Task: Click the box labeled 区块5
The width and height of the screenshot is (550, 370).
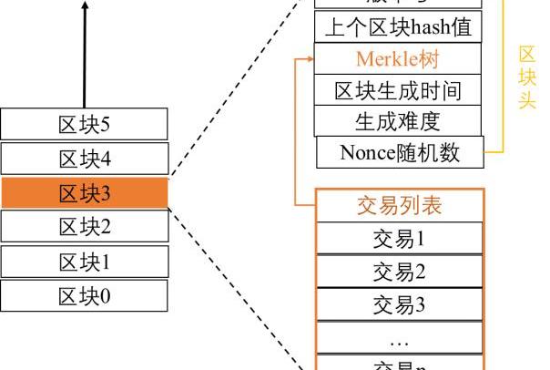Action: point(84,124)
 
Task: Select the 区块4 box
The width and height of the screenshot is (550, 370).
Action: point(84,159)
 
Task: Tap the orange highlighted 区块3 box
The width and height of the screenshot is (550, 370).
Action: point(84,193)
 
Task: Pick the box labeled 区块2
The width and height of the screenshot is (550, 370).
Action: point(84,227)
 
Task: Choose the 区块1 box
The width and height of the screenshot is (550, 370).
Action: point(84,262)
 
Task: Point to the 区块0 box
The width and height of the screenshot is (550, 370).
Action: point(84,295)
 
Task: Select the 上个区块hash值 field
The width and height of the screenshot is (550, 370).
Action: point(398,27)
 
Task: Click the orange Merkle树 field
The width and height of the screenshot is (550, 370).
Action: point(398,59)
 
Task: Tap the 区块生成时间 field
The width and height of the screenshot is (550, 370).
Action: point(398,90)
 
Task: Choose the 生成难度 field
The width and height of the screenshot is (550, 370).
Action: point(398,121)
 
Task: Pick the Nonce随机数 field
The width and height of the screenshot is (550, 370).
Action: point(400,152)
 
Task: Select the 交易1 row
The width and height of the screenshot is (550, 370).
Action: point(399,240)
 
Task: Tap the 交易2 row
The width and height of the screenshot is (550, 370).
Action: point(399,272)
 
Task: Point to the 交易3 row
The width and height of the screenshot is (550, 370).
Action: point(399,304)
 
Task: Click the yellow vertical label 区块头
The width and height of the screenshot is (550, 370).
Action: point(526,77)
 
